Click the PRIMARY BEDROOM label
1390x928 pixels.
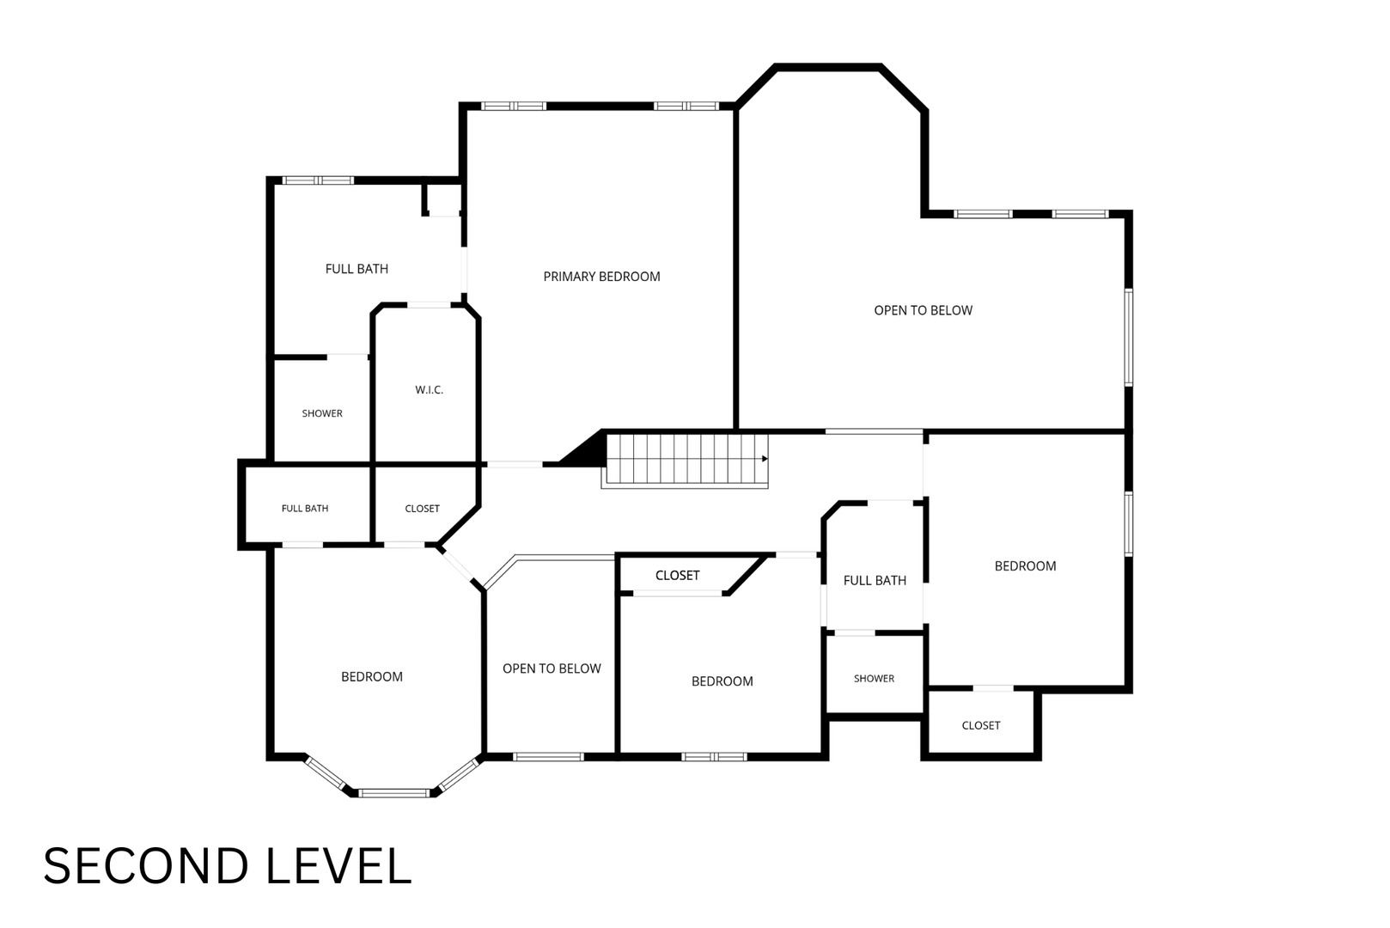click(x=601, y=277)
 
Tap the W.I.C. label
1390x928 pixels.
click(x=429, y=390)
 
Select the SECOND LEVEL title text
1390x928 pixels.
click(x=227, y=866)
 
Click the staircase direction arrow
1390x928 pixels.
click(x=765, y=459)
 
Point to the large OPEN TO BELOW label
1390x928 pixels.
click(x=923, y=310)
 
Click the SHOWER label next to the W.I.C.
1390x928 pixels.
click(x=322, y=413)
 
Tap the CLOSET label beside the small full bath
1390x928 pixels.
click(x=422, y=509)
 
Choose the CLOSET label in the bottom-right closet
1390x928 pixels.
click(x=980, y=725)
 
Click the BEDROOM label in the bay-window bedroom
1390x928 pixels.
click(x=372, y=676)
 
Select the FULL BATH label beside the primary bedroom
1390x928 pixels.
click(x=357, y=269)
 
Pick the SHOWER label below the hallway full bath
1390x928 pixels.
click(x=874, y=679)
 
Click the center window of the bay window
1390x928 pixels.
click(x=393, y=793)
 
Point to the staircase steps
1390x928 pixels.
click(x=685, y=461)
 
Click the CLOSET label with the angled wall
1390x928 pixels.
click(x=677, y=576)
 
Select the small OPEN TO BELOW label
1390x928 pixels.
click(x=552, y=669)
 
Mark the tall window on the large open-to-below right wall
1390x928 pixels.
click(x=1129, y=337)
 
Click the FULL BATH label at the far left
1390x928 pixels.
click(x=305, y=509)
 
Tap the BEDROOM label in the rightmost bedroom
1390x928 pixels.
click(x=1025, y=566)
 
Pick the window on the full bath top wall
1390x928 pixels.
click(x=319, y=180)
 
